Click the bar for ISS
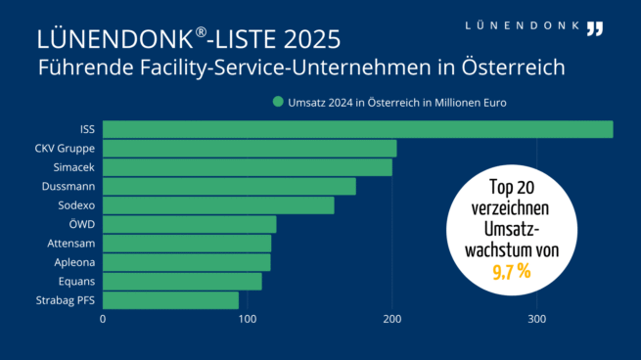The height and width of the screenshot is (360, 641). [357, 129]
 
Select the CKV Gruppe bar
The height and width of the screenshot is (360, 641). [250, 149]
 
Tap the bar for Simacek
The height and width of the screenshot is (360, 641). [247, 167]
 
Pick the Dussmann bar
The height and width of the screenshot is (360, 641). [229, 186]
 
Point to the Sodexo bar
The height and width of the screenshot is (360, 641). [218, 205]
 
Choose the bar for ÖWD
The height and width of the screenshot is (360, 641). [189, 224]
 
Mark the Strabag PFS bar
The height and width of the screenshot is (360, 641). [170, 300]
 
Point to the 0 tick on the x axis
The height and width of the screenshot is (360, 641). [103, 319]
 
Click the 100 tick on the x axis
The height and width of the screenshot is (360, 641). [248, 319]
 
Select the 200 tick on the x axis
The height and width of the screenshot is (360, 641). [392, 319]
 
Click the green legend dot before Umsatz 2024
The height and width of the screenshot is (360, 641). [279, 102]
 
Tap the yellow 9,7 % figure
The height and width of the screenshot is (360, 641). [510, 271]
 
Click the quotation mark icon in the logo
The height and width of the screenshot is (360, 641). [595, 27]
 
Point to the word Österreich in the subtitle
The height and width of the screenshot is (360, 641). [509, 68]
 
